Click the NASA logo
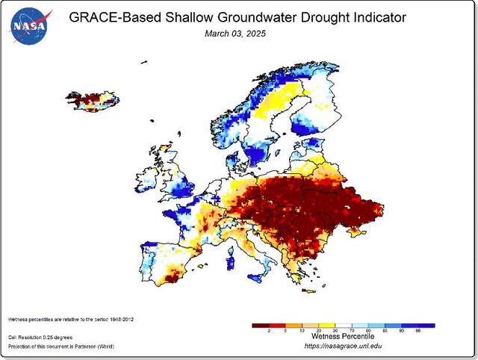pos(28,25)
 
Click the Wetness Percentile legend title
pos(343,335)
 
